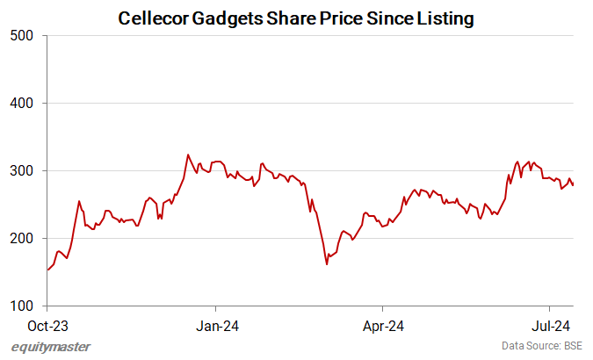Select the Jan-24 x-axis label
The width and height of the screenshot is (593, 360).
tap(215, 324)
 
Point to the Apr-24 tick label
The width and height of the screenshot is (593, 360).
tap(382, 324)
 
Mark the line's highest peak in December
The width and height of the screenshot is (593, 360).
tap(188, 155)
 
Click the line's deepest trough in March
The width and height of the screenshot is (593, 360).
tap(327, 263)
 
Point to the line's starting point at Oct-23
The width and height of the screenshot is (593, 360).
tap(47, 270)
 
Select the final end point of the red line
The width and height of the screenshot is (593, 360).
tap(574, 185)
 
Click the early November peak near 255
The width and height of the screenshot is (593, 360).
tap(79, 201)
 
